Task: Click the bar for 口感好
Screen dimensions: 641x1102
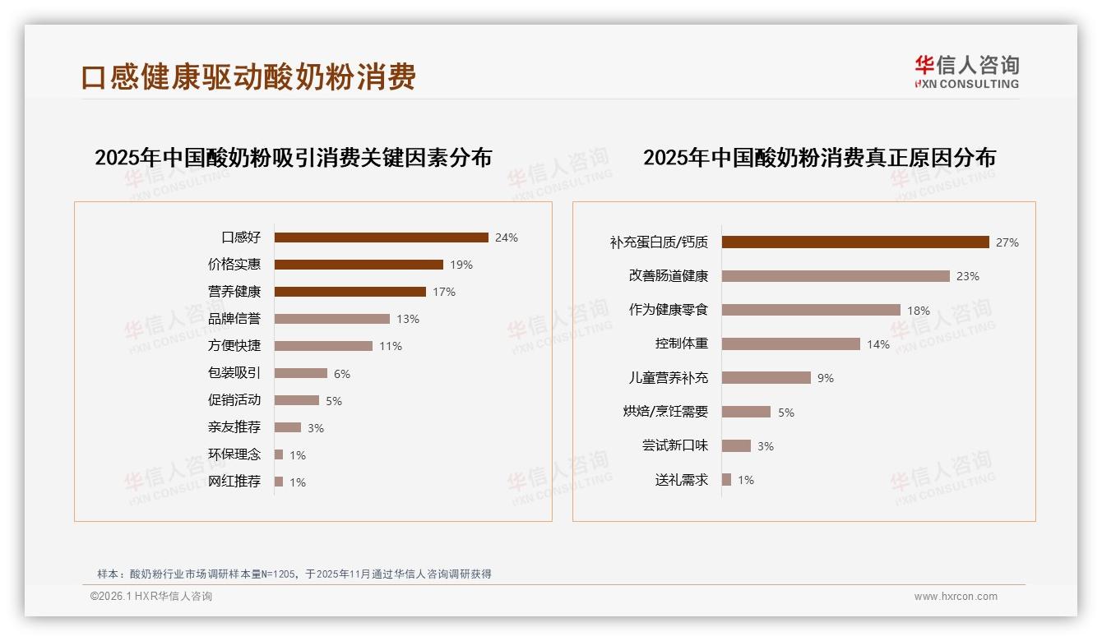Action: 381,237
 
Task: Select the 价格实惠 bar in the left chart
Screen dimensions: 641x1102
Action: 359,265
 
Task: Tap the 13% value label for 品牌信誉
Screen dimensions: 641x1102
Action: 407,319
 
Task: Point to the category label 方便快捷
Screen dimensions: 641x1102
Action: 234,346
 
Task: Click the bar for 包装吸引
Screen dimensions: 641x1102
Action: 300,373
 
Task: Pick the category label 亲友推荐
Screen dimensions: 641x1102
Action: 234,427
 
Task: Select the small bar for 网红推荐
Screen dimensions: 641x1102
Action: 279,482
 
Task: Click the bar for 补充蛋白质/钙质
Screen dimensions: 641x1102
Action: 855,242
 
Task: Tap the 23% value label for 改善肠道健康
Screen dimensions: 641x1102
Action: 968,277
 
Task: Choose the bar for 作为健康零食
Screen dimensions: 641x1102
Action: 811,310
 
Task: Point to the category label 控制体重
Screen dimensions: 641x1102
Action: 682,344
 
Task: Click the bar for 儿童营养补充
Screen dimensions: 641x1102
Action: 766,378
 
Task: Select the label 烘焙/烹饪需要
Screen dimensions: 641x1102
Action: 665,412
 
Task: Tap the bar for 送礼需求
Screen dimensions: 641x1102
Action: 726,480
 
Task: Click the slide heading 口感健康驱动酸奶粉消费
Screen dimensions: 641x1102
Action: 248,76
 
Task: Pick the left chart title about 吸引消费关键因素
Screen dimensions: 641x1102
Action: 293,157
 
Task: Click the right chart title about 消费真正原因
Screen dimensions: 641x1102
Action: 819,157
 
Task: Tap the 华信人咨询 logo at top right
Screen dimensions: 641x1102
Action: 966,72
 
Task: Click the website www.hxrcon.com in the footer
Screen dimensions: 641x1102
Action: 956,597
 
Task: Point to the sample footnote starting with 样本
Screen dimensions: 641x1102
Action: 294,574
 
